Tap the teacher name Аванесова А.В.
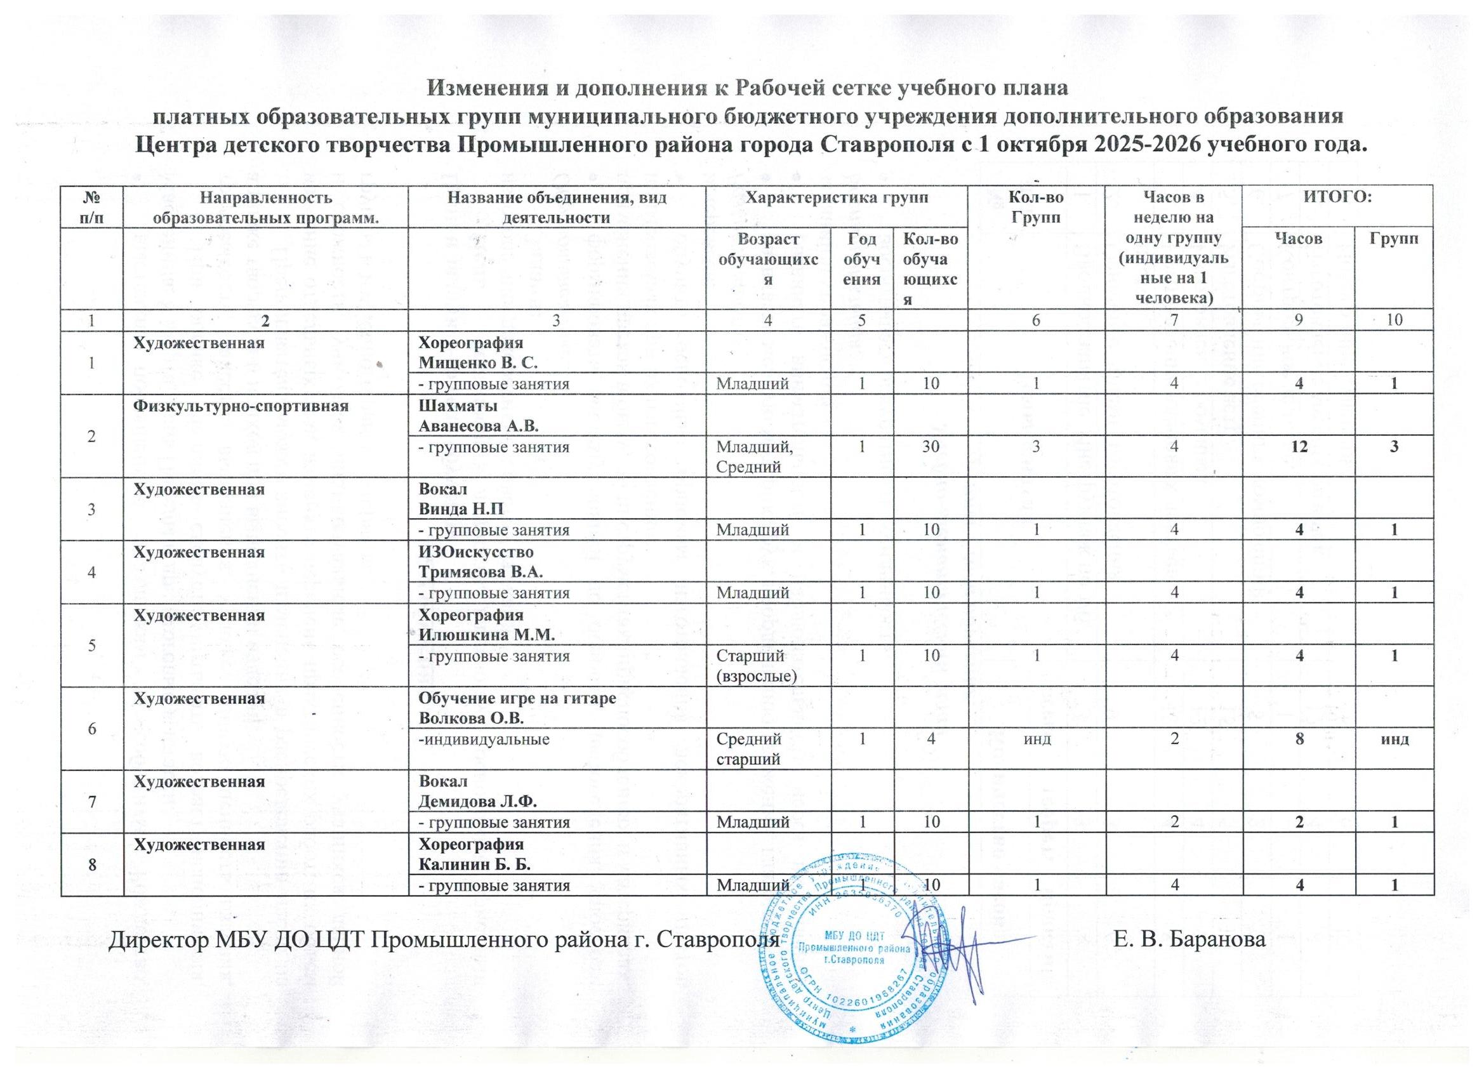coord(479,427)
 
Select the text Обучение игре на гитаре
coord(517,698)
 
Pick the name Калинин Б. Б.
coord(474,864)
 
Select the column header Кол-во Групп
coord(1037,206)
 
